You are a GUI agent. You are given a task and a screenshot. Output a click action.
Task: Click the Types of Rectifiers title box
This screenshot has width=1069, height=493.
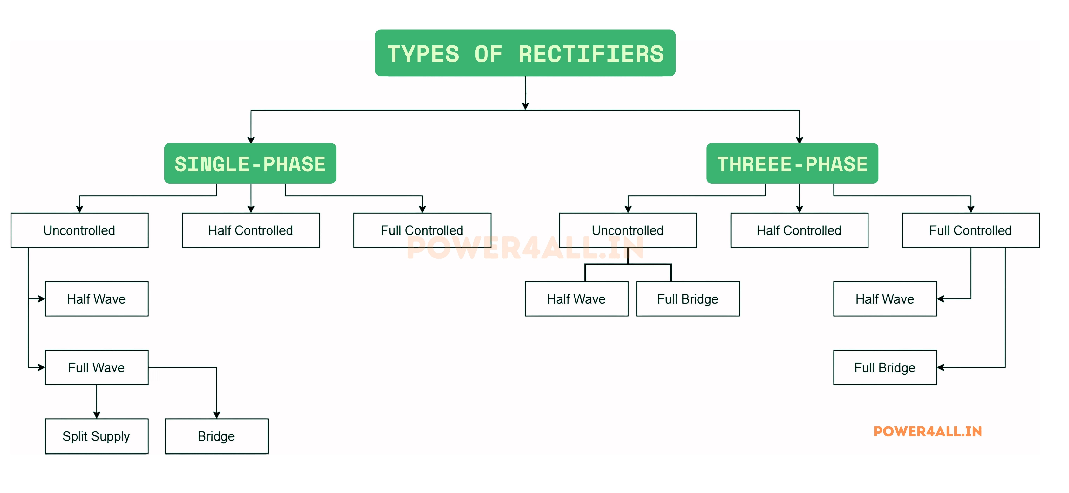coord(525,53)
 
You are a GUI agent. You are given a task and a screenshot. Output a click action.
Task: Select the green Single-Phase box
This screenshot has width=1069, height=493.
coord(250,163)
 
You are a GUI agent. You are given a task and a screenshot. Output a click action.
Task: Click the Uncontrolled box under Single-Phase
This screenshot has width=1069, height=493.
coord(79,230)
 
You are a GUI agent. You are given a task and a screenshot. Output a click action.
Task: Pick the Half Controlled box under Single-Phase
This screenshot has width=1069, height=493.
coord(251,230)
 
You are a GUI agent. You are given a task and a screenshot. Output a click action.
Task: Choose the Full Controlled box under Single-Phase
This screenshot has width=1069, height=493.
coord(422,230)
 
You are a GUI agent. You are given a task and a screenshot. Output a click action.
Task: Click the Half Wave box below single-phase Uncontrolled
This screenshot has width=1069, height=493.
coord(96,299)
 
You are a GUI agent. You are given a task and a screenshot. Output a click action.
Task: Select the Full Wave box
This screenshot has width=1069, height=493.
coord(96,367)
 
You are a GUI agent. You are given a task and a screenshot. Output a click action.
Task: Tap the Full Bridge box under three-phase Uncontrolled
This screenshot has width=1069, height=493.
coord(688,299)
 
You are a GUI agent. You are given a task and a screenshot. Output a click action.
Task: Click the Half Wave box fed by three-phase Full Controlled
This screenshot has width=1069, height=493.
coord(885,299)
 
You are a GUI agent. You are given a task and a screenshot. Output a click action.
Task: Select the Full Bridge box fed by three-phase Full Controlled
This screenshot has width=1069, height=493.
coord(885,367)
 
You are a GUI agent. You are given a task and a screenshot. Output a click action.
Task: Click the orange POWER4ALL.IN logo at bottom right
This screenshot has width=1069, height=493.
coord(928,432)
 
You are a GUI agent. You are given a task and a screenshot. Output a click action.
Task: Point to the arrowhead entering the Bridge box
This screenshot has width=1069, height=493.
coord(216,414)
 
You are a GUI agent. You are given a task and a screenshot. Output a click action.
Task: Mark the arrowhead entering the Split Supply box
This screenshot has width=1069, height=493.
coord(97,414)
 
